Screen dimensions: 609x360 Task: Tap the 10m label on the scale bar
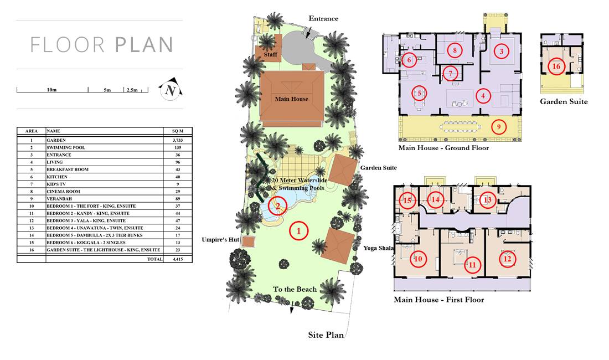[51, 90]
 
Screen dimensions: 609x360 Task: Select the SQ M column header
[178, 131]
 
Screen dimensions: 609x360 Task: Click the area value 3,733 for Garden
[178, 140]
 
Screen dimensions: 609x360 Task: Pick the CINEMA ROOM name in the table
[63, 192]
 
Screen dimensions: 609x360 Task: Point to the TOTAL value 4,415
[178, 259]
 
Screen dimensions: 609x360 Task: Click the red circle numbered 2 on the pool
[278, 206]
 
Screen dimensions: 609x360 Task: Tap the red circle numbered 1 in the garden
[298, 231]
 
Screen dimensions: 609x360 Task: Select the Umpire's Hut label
[220, 240]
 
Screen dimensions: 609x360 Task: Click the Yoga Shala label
[378, 248]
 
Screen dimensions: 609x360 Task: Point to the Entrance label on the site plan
[323, 18]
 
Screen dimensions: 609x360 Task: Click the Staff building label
[270, 54]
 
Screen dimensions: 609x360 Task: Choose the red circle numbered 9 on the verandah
[499, 127]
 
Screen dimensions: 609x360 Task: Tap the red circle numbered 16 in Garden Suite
[556, 66]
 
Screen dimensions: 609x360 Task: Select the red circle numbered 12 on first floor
[508, 259]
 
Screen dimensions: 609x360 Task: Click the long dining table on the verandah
[460, 127]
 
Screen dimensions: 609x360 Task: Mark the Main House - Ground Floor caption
[443, 148]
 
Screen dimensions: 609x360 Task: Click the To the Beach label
[295, 289]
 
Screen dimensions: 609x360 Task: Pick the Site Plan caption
[326, 335]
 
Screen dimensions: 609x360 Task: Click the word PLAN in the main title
[144, 45]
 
